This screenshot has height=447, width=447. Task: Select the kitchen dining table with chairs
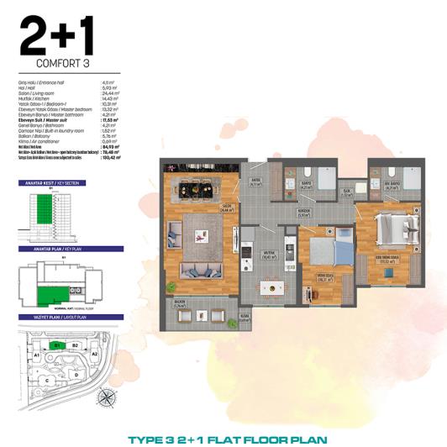pos(270,287)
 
